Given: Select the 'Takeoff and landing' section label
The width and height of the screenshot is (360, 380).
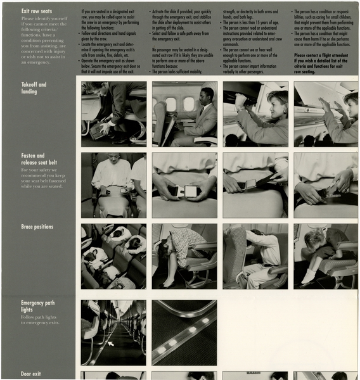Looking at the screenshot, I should tap(33, 87).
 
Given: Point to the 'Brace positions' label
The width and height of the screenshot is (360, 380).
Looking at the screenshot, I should tap(37, 227).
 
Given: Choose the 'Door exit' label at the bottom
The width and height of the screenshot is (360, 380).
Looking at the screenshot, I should tap(30, 374).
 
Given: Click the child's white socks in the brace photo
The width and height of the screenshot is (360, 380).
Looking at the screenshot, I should tap(309, 275).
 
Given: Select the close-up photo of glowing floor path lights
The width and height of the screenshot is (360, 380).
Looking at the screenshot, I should tap(184, 332).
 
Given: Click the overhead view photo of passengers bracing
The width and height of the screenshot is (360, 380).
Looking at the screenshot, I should tap(113, 256).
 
